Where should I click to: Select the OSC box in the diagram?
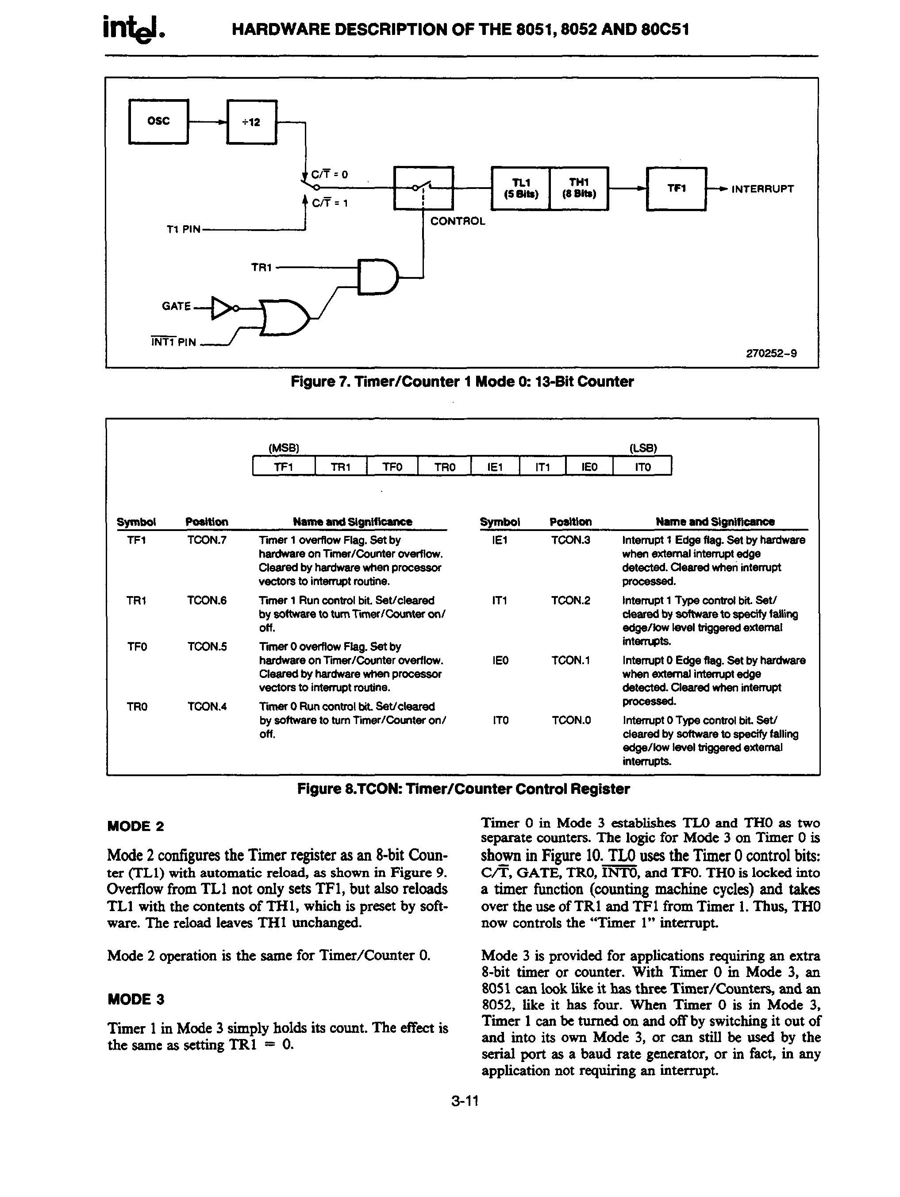(x=158, y=122)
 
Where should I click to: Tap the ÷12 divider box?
(x=252, y=122)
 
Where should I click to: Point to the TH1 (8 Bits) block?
(x=578, y=189)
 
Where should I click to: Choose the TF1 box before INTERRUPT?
(x=677, y=189)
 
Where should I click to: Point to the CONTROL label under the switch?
(x=458, y=221)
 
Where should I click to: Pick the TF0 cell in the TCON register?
(x=392, y=466)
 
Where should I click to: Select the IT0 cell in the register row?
(x=642, y=466)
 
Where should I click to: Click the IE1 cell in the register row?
(x=495, y=466)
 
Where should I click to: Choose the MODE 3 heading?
(x=136, y=999)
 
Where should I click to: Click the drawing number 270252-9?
(x=771, y=354)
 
